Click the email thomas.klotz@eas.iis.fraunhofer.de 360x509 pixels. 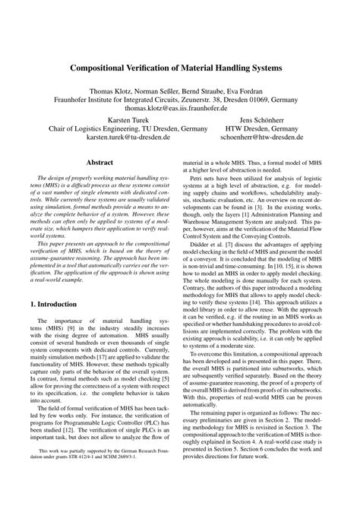coord(179,109)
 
